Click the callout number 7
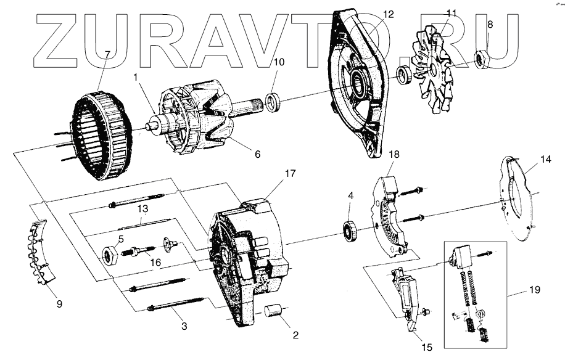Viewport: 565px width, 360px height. click(x=107, y=54)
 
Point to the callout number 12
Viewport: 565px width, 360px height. click(x=387, y=14)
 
